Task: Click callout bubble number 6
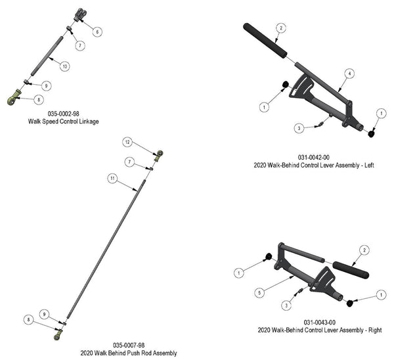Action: pos(97,31)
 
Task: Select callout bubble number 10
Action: pos(64,66)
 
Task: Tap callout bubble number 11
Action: pos(112,178)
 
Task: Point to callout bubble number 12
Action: pos(128,142)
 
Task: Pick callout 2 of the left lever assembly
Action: pos(280,28)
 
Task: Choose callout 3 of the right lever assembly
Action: pos(286,304)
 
